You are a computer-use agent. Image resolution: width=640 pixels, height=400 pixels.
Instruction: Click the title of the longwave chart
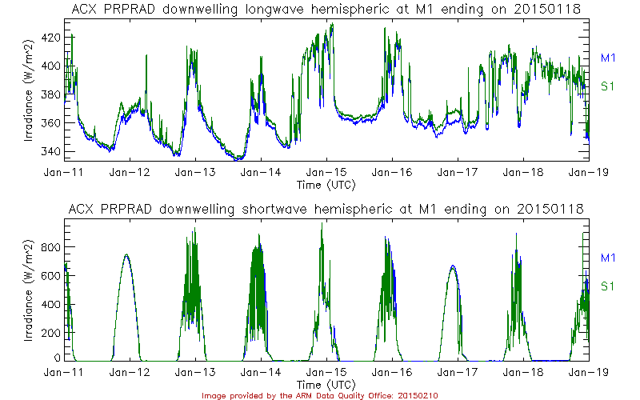click(326, 9)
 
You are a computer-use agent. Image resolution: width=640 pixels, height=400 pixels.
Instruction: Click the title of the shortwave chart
click(326, 209)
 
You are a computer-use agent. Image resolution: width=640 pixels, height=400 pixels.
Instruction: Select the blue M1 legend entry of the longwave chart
click(607, 58)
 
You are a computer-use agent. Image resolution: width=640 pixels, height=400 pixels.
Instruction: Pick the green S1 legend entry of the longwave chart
click(607, 86)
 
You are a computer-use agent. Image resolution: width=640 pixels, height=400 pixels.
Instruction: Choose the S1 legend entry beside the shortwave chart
click(607, 286)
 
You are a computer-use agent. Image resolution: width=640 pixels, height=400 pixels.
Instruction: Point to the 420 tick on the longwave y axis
click(50, 38)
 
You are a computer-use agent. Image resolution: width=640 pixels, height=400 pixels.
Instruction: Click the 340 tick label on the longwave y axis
click(50, 151)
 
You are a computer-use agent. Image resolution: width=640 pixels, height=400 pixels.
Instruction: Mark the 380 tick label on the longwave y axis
click(50, 94)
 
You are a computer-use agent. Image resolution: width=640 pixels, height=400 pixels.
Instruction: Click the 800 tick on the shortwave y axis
click(50, 246)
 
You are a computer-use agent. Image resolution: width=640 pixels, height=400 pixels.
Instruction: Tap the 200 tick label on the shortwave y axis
click(50, 332)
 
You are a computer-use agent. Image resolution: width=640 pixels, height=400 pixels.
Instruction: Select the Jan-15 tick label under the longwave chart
click(326, 172)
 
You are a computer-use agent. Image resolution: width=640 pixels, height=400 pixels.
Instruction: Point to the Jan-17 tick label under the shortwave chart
click(458, 373)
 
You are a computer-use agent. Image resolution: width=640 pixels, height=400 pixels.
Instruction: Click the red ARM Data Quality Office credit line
click(319, 395)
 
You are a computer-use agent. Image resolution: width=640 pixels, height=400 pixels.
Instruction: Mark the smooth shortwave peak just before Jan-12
click(126, 255)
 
